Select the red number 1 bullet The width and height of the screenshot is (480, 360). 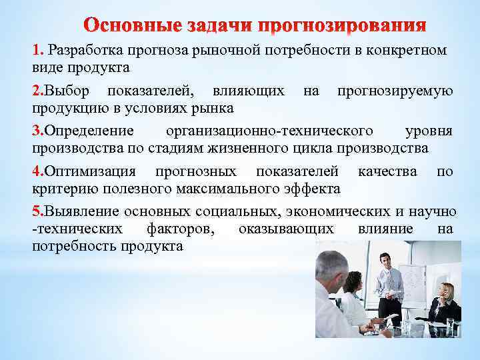pyautogui.click(x=37, y=51)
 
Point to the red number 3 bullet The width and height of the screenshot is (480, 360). pyautogui.click(x=37, y=130)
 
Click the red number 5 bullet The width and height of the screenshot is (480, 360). pyautogui.click(x=37, y=211)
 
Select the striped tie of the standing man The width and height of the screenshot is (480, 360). pyautogui.click(x=385, y=281)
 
